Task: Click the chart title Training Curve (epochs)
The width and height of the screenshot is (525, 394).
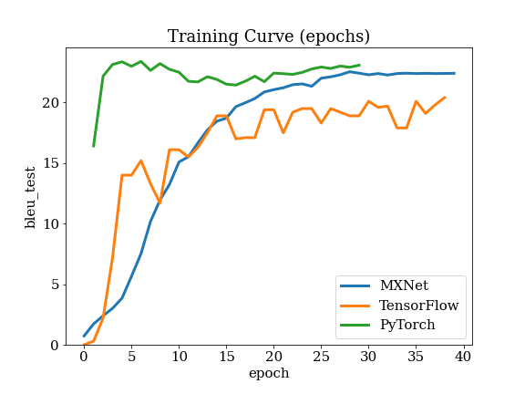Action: point(269,36)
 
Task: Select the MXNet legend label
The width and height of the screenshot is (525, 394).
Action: point(404,285)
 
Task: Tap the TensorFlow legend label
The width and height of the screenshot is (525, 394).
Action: point(418,306)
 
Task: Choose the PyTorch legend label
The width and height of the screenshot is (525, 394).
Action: point(407,325)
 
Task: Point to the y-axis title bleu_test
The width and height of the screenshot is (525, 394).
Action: point(30,198)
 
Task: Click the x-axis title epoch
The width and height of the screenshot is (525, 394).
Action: point(269,373)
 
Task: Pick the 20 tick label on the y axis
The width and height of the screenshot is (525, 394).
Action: point(50,103)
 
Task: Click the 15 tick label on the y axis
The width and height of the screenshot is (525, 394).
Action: point(50,163)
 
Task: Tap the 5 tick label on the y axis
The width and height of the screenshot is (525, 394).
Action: point(55,285)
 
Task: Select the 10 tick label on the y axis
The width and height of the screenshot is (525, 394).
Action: point(50,224)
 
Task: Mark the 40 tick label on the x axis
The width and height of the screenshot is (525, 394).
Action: point(463,357)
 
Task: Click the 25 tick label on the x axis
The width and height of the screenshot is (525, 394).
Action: point(321,357)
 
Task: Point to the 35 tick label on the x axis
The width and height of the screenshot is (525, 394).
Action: point(416,357)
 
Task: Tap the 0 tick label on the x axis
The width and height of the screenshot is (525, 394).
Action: point(84,357)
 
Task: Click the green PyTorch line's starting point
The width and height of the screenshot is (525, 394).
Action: point(93,147)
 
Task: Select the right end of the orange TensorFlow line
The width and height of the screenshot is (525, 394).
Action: point(445,98)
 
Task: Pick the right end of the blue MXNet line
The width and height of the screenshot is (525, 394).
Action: point(455,73)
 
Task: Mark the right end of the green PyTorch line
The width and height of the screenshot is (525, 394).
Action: point(360,65)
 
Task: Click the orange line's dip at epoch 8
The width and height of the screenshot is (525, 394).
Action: point(160,203)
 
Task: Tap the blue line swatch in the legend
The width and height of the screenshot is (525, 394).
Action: point(355,285)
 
